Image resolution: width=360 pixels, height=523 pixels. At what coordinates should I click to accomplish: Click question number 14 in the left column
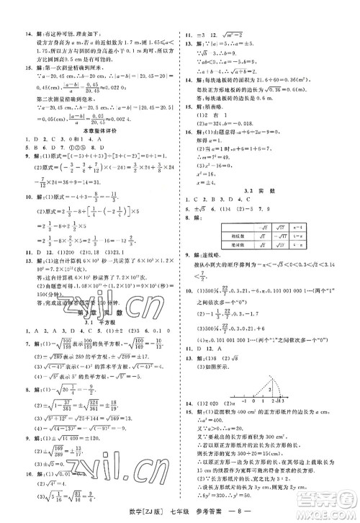click(x=27, y=34)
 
